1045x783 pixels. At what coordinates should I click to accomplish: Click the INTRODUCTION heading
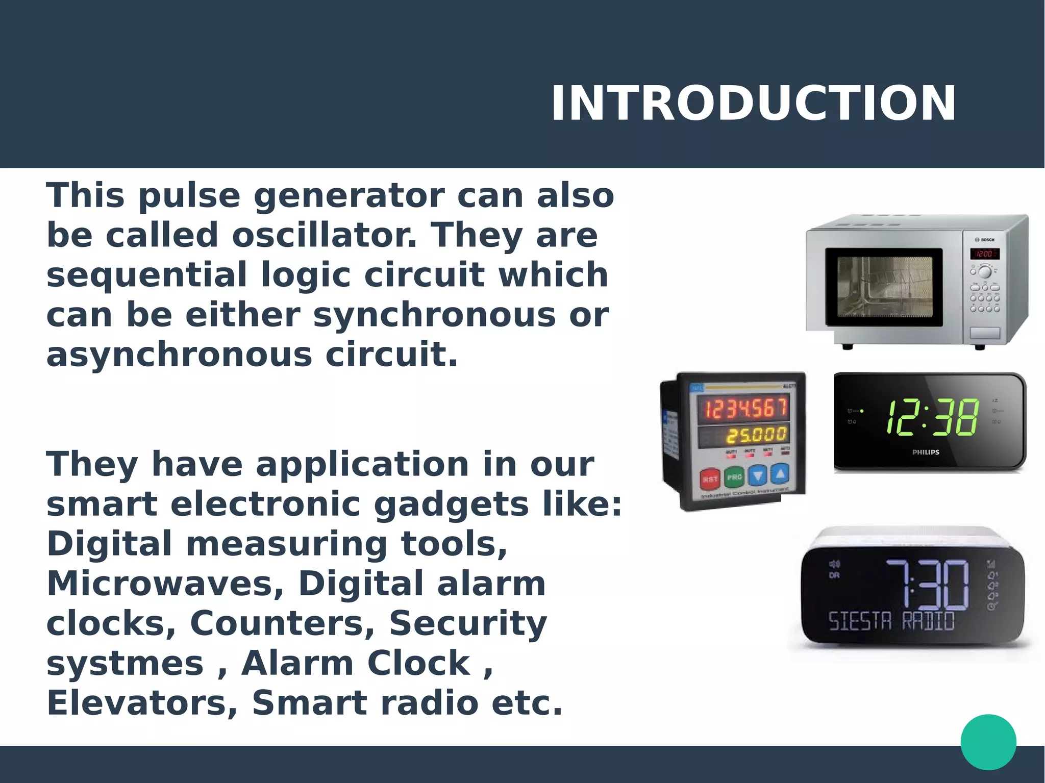tap(753, 104)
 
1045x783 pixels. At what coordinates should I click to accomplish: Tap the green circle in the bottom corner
tap(988, 742)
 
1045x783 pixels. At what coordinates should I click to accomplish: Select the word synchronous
tap(434, 315)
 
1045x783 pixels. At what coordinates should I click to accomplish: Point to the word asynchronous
tap(179, 355)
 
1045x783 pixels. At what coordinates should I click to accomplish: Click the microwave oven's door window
tap(884, 286)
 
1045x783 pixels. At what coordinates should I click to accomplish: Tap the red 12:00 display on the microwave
tap(984, 254)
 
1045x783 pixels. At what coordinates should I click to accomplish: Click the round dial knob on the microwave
tap(984, 271)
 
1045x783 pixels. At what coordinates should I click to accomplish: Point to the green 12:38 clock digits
tap(932, 418)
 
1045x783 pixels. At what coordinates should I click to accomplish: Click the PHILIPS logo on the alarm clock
tap(926, 452)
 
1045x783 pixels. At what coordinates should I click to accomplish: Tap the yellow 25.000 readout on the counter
tap(757, 435)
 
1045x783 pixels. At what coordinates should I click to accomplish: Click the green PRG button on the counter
tap(734, 477)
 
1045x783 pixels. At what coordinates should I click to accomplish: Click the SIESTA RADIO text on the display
tap(891, 621)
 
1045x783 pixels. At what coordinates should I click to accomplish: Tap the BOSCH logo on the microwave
tap(986, 240)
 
